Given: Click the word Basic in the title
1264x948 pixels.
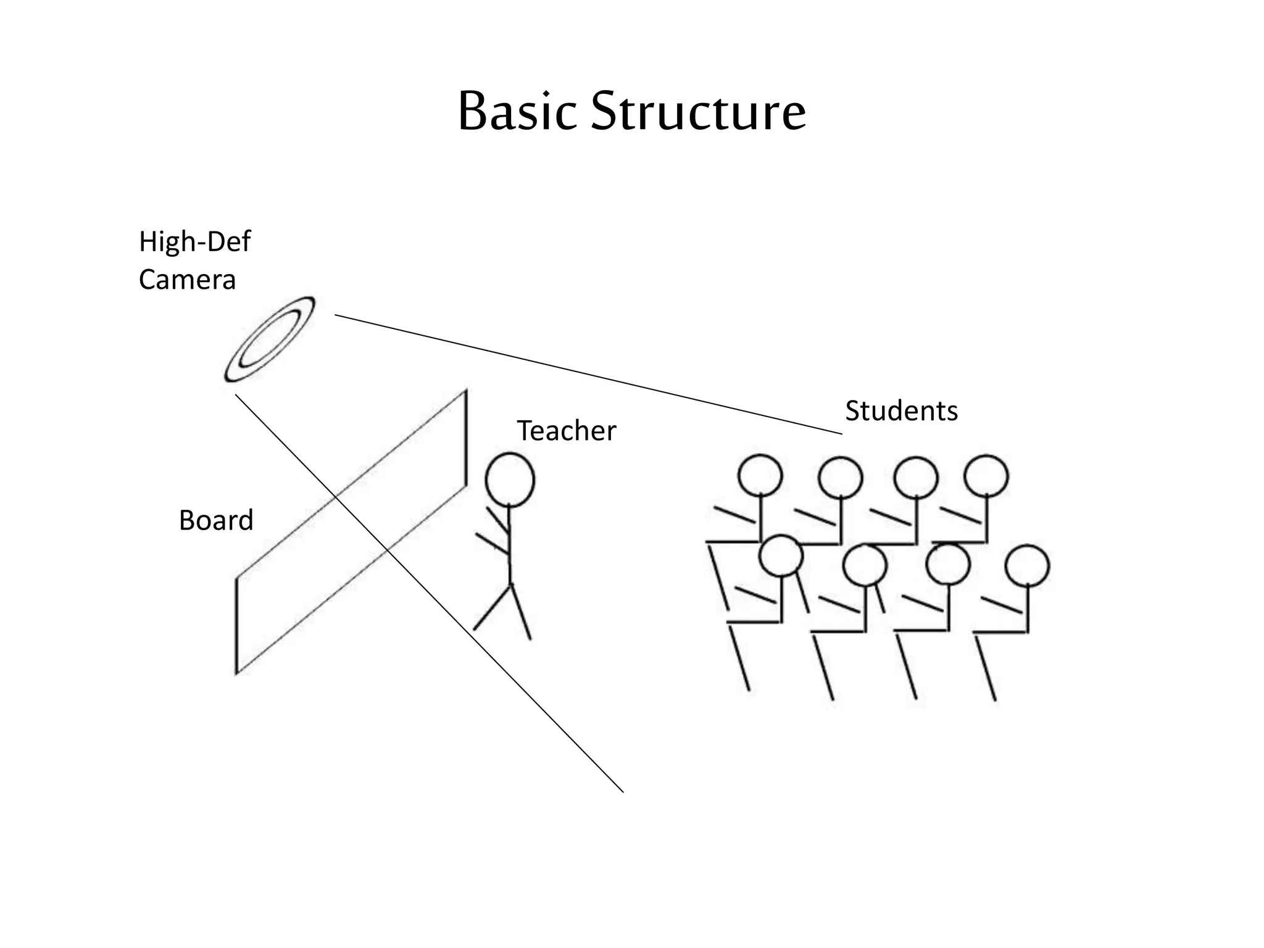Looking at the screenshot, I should click(x=517, y=112).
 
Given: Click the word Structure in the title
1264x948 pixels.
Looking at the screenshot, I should click(x=697, y=112).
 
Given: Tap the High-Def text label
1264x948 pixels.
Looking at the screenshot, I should click(x=194, y=241).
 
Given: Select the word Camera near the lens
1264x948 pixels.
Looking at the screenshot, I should click(x=187, y=280).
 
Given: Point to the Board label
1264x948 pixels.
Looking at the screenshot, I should click(x=216, y=520).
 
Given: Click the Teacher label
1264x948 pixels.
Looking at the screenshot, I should click(x=566, y=431).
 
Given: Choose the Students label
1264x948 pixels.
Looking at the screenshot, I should click(x=901, y=411).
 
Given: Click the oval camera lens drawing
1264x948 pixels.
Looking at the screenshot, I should click(x=270, y=339).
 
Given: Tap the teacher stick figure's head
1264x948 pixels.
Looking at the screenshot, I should click(x=510, y=480).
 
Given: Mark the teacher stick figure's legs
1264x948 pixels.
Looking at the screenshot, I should click(x=503, y=611).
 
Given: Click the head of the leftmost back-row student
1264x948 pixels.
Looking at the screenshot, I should click(x=760, y=476).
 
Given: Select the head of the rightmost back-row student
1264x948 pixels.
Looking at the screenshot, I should click(x=986, y=476).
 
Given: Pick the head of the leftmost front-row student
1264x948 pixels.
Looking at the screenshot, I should click(x=781, y=555).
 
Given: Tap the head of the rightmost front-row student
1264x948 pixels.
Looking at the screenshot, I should click(x=1027, y=565).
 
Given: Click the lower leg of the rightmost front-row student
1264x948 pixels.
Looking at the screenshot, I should click(x=986, y=670).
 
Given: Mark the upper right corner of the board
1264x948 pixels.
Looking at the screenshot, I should click(x=466, y=391).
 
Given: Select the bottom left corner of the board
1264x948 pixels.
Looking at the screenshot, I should click(x=236, y=673).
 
